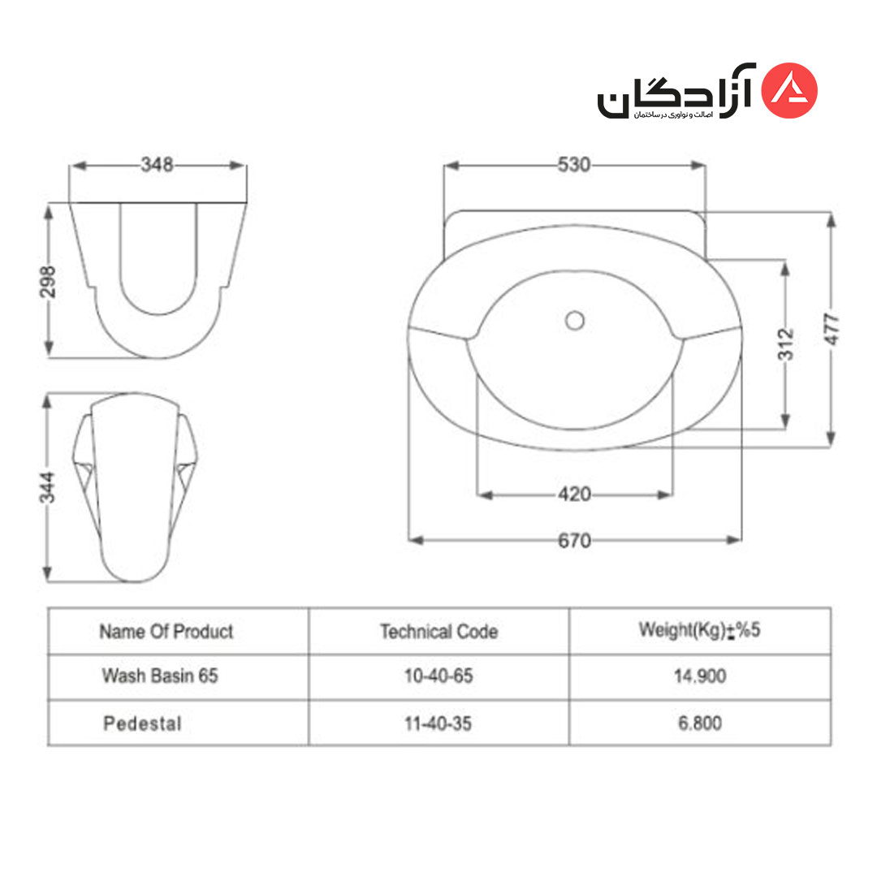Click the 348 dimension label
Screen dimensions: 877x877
tap(158, 164)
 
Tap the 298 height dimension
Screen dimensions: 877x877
tap(48, 282)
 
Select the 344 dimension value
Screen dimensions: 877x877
tap(48, 487)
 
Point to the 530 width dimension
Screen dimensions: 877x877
tap(574, 164)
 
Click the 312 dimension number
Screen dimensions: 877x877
tap(786, 344)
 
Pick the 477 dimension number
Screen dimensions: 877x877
tap(832, 330)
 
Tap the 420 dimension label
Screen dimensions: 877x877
tap(574, 495)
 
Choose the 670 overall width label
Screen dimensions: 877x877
tap(574, 541)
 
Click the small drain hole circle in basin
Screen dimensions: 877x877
tap(574, 321)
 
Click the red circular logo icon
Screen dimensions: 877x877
tap(789, 90)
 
